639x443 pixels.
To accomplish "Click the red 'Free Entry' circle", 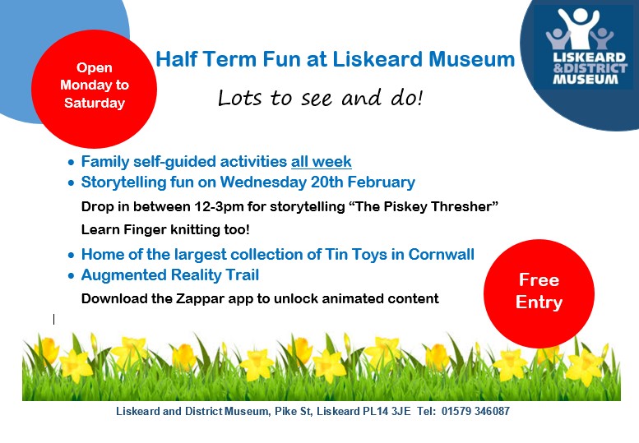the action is [x=539, y=293].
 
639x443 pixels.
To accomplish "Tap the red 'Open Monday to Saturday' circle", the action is [x=94, y=89].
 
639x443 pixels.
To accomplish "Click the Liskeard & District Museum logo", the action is [x=583, y=47].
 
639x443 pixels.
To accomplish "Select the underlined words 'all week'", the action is [x=321, y=162].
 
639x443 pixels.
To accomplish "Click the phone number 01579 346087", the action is [x=475, y=411].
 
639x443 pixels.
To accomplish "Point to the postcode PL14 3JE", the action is [x=387, y=411].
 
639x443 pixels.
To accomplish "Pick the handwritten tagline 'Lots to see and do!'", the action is [x=320, y=98].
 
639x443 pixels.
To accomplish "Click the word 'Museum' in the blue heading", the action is [x=471, y=59].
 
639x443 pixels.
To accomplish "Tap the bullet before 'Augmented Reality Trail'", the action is [x=72, y=276].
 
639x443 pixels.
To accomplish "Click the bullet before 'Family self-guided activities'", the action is [x=72, y=163].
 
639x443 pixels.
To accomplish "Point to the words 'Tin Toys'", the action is [x=356, y=255].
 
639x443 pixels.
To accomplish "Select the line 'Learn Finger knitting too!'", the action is [x=165, y=229].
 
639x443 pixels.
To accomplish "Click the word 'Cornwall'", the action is [x=442, y=254].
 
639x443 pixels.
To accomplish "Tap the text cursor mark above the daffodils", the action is [x=53, y=319].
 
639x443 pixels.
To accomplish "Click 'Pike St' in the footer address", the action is [x=293, y=411].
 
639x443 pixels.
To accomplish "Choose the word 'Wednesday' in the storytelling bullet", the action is [x=263, y=182].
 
